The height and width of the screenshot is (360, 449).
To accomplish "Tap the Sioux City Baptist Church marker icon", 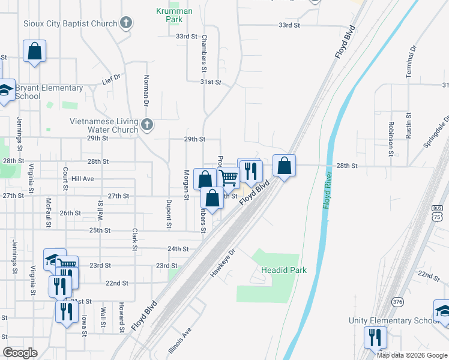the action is click(126, 23).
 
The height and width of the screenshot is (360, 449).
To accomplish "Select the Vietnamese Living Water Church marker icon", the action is click(148, 125).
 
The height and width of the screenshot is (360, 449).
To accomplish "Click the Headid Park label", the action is click(284, 270).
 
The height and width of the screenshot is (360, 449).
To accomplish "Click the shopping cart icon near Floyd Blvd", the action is click(228, 177).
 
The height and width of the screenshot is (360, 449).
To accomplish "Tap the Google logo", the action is click(20, 353).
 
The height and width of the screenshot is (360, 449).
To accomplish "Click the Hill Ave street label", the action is click(83, 179).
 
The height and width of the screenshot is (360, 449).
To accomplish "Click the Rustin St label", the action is click(408, 125).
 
